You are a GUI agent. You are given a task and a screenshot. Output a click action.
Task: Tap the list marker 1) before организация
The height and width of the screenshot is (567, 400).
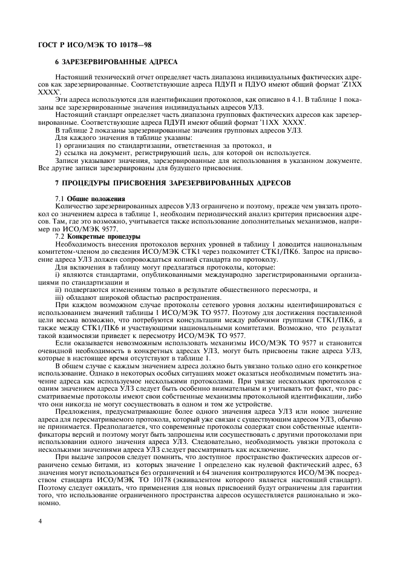click(58, 145)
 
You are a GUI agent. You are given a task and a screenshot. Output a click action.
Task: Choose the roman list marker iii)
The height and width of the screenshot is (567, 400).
click(59, 297)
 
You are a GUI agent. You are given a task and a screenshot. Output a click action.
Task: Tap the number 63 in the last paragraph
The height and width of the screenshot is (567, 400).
click(358, 472)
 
